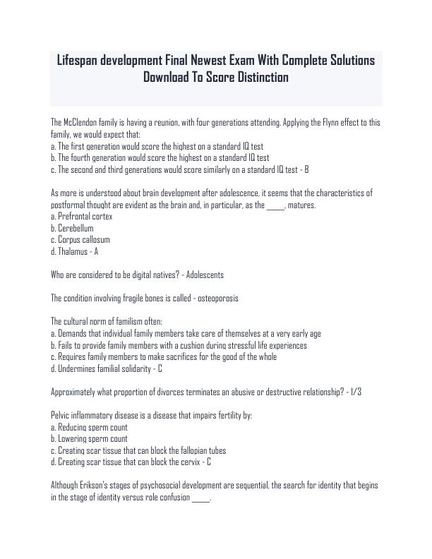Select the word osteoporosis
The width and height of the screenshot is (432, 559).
[x=213, y=298]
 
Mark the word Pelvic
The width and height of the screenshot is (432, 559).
[x=61, y=415]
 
